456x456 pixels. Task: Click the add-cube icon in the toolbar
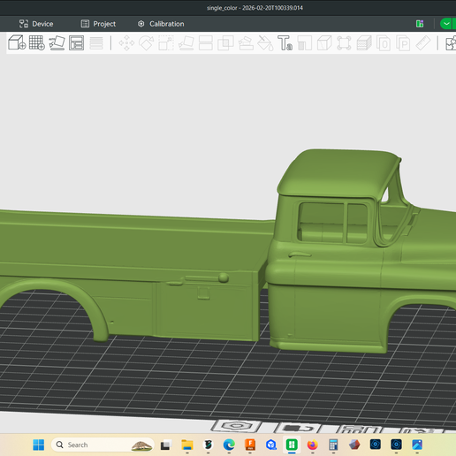16,42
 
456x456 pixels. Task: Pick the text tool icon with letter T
285,42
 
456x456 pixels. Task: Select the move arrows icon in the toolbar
126,42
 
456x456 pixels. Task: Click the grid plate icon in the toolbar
36,42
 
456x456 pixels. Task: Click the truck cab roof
336,168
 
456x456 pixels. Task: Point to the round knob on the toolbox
224,277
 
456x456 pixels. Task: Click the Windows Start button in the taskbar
38,445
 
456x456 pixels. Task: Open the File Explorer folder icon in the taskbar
187,445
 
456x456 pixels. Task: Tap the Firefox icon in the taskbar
312,445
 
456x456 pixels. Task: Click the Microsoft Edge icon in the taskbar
229,445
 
